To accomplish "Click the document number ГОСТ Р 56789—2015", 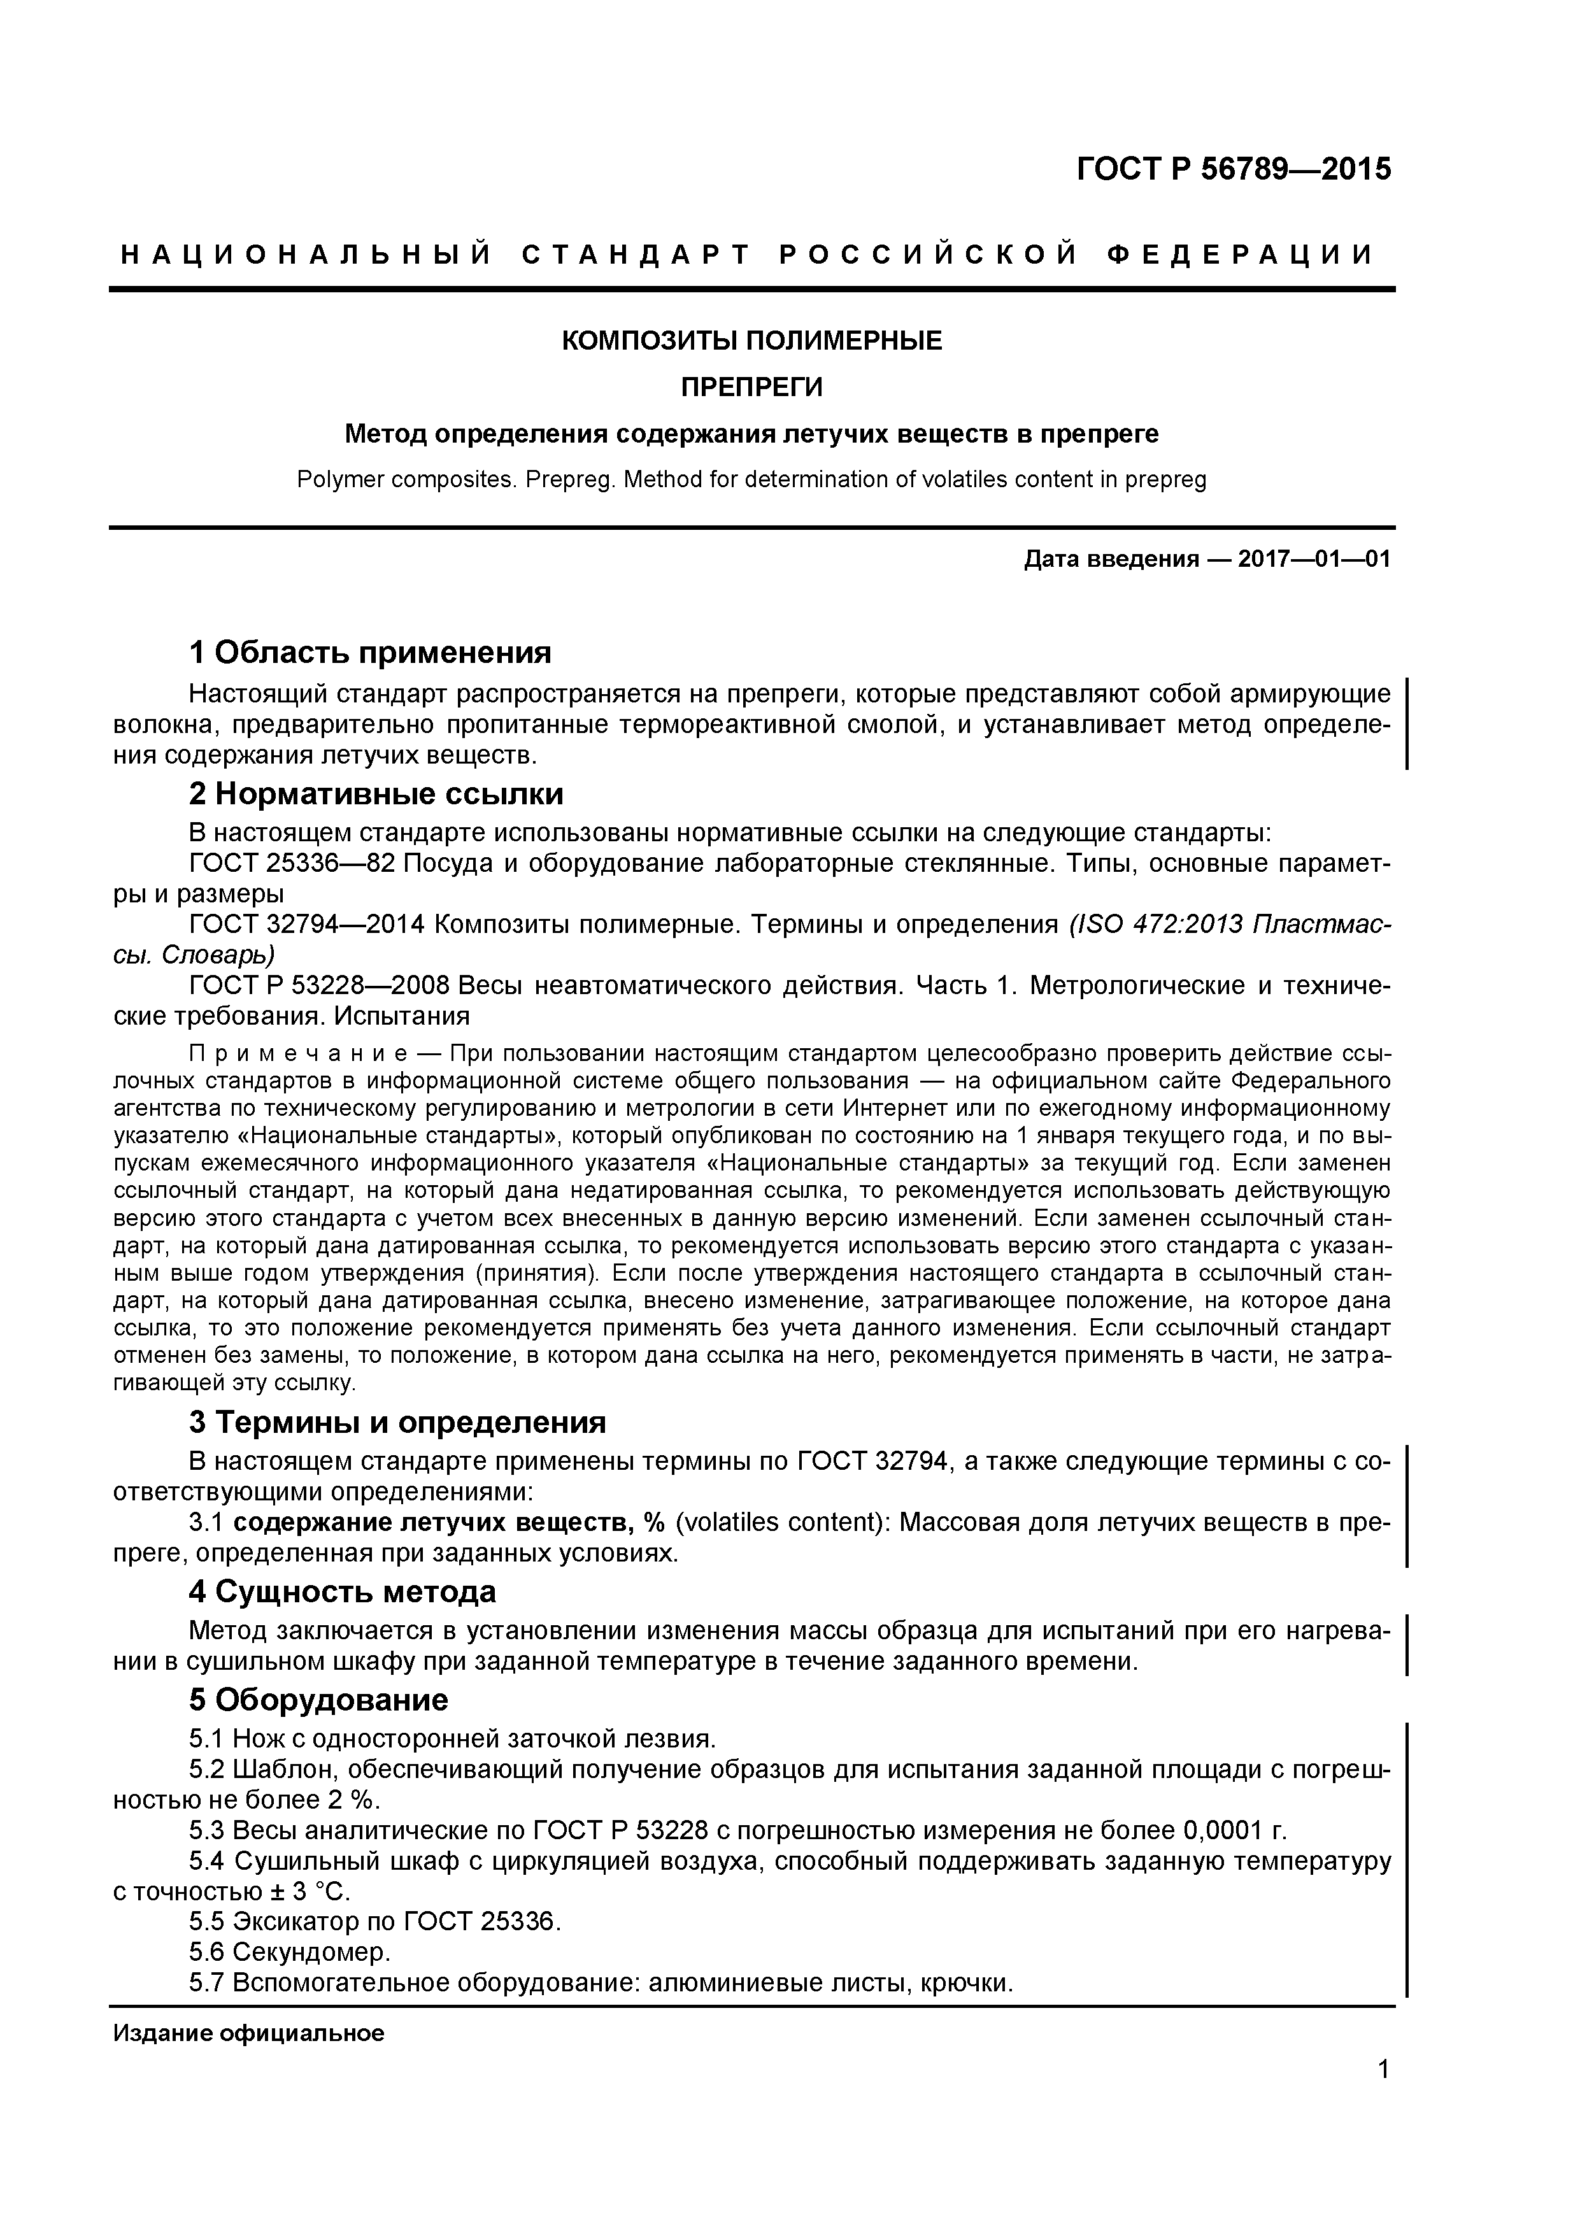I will (1233, 169).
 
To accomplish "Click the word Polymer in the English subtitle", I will (338, 480).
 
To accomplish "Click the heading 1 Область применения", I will (370, 652).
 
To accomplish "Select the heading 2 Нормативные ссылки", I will (376, 794).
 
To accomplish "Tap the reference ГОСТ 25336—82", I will (292, 864).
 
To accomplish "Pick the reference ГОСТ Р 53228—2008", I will (318, 986).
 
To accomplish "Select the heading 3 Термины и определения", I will (397, 1423).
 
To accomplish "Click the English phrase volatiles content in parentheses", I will (778, 1522).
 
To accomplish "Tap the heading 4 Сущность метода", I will (343, 1592).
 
